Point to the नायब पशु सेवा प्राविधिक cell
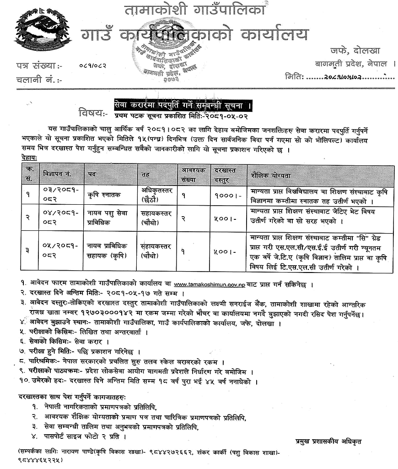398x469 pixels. pyautogui.click(x=108, y=218)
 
